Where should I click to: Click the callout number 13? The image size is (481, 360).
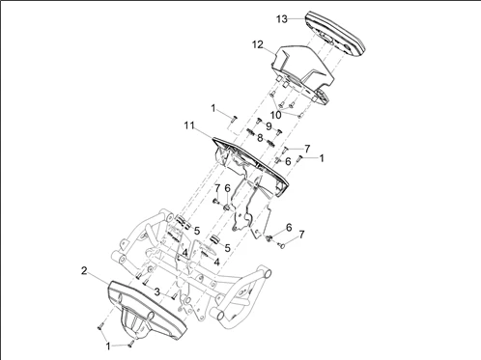pyautogui.click(x=282, y=19)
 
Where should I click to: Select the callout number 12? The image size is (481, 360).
pyautogui.click(x=258, y=44)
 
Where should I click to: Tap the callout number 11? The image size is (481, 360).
pyautogui.click(x=189, y=125)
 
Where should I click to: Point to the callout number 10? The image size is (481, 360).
pyautogui.click(x=276, y=115)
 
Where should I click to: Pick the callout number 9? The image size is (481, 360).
pyautogui.click(x=269, y=126)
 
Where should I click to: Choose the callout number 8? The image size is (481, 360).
pyautogui.click(x=260, y=138)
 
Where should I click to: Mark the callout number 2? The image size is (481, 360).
pyautogui.click(x=84, y=271)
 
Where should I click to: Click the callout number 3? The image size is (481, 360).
pyautogui.click(x=156, y=292)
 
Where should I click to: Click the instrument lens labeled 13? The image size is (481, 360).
pyautogui.click(x=335, y=33)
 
